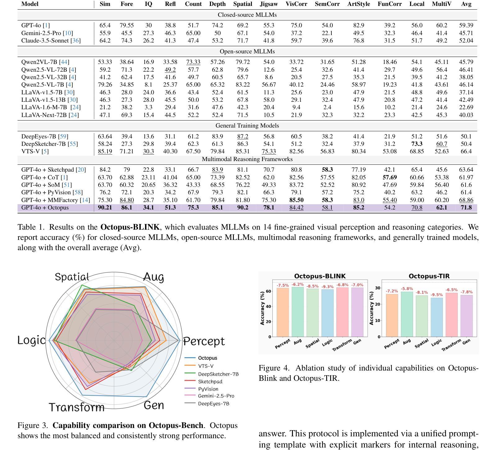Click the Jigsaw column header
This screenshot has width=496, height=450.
coord(269,4)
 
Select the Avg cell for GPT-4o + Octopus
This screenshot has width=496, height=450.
coord(466,208)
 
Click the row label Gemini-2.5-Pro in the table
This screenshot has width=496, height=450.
coord(42,33)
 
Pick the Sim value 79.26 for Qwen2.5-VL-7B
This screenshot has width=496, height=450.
coord(105,85)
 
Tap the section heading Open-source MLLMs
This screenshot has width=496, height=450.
coord(247,52)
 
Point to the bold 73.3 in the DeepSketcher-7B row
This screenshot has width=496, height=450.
coord(416,144)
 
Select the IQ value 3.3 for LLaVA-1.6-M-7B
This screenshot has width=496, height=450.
coord(148,107)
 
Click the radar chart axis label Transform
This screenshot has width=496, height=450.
coord(77,407)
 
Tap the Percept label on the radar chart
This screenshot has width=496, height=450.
coord(204,341)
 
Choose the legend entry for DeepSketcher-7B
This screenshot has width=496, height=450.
coord(218,374)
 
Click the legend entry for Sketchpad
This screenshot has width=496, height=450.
coord(210,382)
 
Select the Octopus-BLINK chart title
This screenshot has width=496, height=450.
coord(320,276)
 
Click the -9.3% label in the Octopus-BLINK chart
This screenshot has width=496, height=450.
coord(328,287)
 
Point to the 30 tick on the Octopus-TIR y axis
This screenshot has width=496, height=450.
coord(377,288)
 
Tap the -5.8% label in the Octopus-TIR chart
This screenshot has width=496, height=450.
coord(407,289)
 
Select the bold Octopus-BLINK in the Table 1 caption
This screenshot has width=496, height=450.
coord(130,227)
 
